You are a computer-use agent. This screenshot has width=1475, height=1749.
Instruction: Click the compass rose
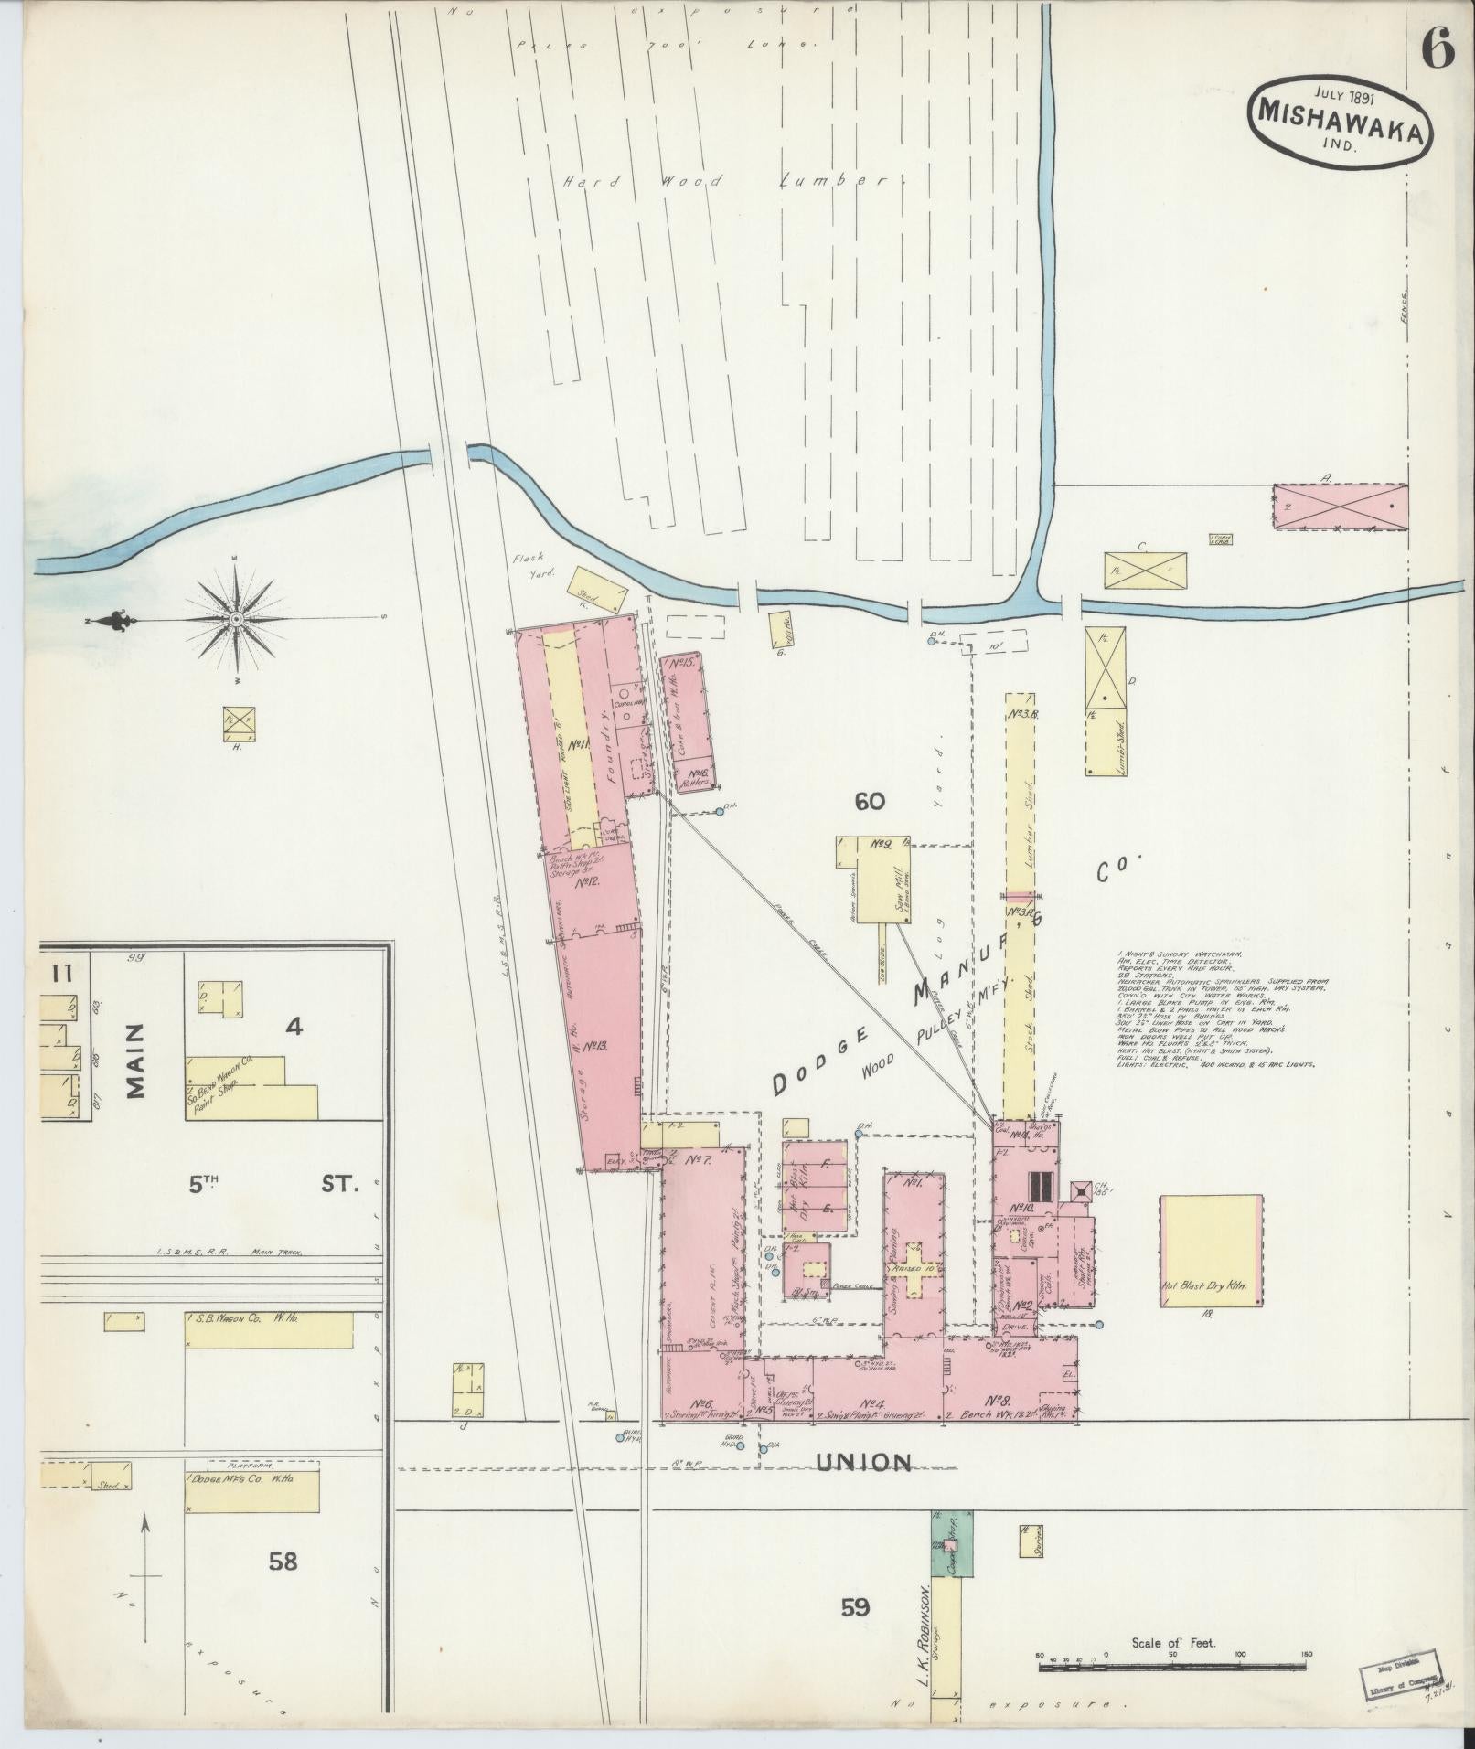[x=237, y=619]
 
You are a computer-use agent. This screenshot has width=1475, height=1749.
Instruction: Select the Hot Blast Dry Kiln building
[x=1211, y=1250]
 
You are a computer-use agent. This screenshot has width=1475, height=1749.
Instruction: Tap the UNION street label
[x=863, y=1463]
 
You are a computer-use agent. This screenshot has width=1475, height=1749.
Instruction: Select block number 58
[x=283, y=1561]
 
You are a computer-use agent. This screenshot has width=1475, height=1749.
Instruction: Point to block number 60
[x=870, y=802]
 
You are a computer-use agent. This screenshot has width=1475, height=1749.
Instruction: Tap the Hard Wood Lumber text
[x=732, y=181]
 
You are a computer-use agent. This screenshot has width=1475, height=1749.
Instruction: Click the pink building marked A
[x=1340, y=507]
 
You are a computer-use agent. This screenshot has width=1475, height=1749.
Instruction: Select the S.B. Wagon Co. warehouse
[x=269, y=1329]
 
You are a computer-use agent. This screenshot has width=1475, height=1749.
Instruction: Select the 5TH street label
[x=206, y=1185]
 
